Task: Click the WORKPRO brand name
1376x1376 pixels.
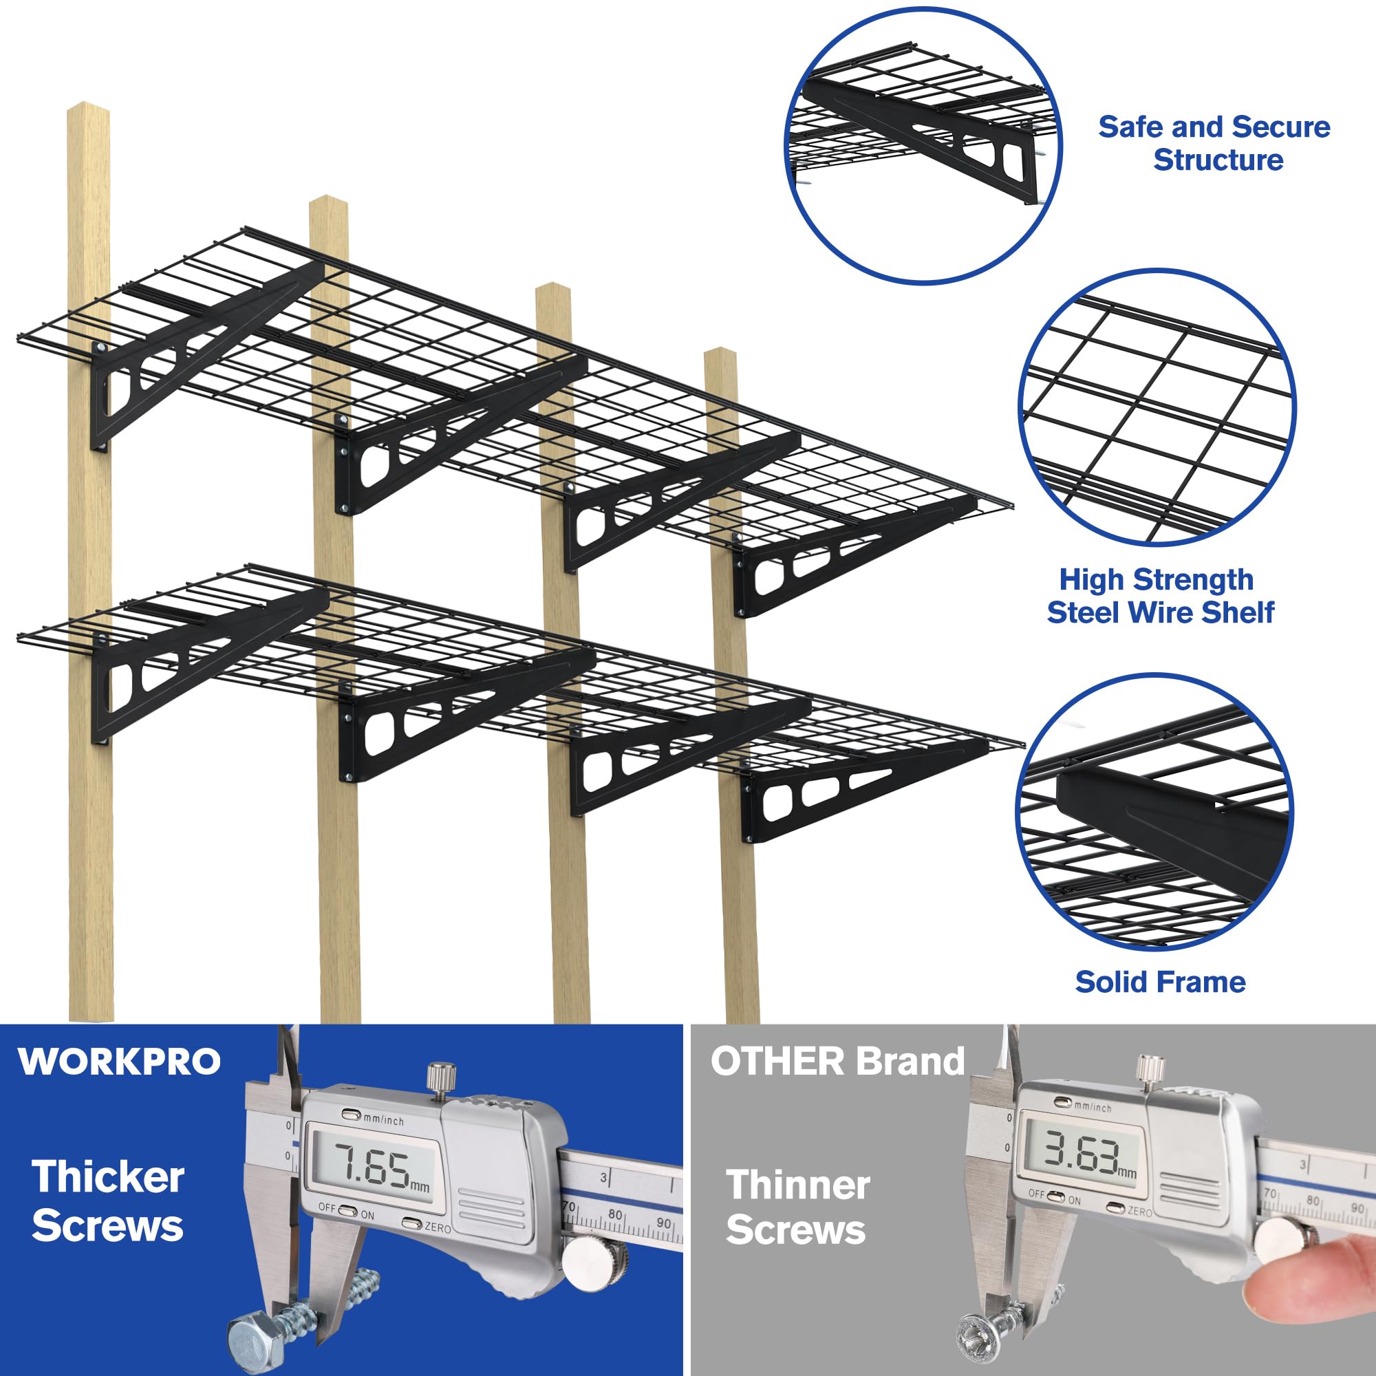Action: coord(120,1062)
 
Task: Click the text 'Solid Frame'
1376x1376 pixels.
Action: coord(1160,982)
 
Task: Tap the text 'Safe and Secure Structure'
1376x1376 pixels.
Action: coord(1214,143)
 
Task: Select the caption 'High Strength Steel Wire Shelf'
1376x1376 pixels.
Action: coord(1159,596)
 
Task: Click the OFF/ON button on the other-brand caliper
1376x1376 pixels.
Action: coord(1057,1197)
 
